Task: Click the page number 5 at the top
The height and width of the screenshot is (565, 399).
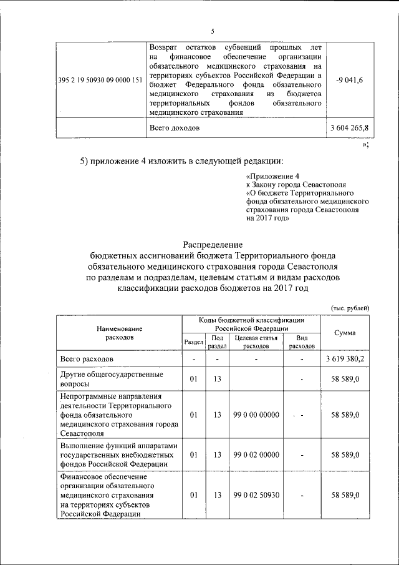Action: tap(213, 31)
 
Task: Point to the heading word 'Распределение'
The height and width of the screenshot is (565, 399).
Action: tap(212, 245)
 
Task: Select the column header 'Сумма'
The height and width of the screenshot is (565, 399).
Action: tap(345, 333)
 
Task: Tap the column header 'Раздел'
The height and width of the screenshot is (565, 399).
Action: tap(194, 343)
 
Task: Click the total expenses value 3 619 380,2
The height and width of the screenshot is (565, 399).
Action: tap(345, 360)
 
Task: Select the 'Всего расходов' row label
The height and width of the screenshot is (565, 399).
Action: tap(87, 360)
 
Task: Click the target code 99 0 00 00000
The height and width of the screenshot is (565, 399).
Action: tap(256, 414)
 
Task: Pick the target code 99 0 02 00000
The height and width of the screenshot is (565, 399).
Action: tap(256, 456)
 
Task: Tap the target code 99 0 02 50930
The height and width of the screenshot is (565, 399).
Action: tap(256, 495)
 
